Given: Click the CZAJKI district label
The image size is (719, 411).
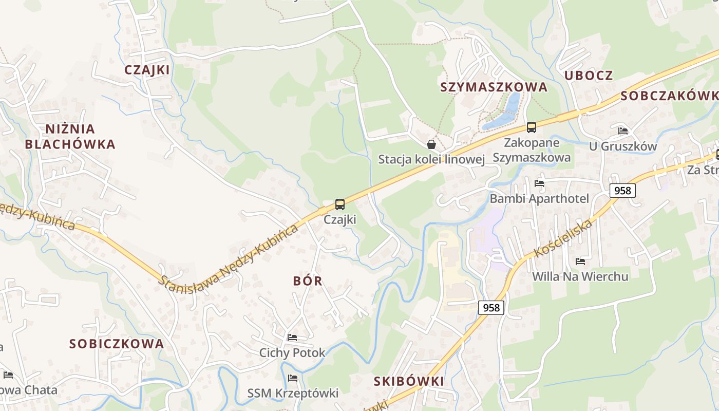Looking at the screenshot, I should pyautogui.click(x=147, y=70).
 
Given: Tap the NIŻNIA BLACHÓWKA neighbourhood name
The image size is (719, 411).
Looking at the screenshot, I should pyautogui.click(x=70, y=137).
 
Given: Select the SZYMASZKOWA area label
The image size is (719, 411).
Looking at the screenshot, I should pyautogui.click(x=494, y=87).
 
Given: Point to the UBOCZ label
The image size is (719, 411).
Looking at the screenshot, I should pyautogui.click(x=589, y=76).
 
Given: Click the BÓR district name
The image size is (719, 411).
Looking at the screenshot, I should pyautogui.click(x=308, y=281).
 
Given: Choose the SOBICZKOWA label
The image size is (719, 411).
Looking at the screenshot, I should pyautogui.click(x=117, y=344).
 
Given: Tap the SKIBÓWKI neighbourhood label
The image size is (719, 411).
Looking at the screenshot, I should pyautogui.click(x=409, y=381).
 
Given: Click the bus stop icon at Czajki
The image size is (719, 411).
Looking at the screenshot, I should pyautogui.click(x=339, y=204).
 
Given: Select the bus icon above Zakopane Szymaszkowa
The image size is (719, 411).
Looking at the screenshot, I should pyautogui.click(x=532, y=127).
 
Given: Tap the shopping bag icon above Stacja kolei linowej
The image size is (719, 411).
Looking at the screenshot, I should pyautogui.click(x=431, y=144).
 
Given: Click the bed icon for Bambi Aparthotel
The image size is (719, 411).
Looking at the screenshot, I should pyautogui.click(x=539, y=183).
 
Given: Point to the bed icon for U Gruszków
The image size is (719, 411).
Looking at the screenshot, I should pyautogui.click(x=623, y=131).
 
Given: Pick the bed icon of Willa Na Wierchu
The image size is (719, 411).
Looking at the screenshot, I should pyautogui.click(x=580, y=261).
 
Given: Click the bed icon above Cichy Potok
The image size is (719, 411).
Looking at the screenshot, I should pyautogui.click(x=292, y=338).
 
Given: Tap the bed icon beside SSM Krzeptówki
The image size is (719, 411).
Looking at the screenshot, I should pyautogui.click(x=293, y=378).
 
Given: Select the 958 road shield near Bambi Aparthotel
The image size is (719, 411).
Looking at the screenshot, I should pyautogui.click(x=622, y=191).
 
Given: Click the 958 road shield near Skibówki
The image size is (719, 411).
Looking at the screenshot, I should pyautogui.click(x=491, y=308).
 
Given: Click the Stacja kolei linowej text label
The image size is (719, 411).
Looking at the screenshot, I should pyautogui.click(x=431, y=160).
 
